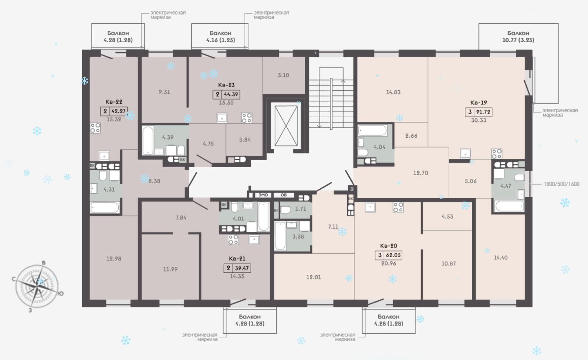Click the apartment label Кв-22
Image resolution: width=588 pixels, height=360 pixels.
(114, 102)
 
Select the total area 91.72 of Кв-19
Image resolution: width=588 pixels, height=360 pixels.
(483, 112)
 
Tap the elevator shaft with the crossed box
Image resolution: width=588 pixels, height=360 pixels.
(286, 126)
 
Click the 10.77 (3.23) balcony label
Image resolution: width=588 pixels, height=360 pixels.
(518, 40)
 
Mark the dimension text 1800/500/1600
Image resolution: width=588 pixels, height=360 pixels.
(561, 184)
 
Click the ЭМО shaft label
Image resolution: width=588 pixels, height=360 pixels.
(263, 195)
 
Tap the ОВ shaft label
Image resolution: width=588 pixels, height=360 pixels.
(284, 195)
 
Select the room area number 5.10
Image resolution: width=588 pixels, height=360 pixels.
(284, 75)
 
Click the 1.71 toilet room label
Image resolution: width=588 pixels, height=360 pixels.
(301, 209)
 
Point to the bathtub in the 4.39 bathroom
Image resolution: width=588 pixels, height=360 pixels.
(148, 141)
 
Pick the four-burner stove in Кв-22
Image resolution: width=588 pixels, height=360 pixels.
(95, 128)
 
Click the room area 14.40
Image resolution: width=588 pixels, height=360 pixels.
(501, 258)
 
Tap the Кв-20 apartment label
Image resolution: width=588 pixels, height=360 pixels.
(389, 246)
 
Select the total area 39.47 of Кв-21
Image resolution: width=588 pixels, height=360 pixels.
(242, 268)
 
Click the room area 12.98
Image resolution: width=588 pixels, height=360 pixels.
(114, 259)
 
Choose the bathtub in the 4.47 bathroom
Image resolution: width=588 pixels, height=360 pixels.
(509, 206)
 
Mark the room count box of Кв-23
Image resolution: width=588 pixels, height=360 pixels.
(217, 94)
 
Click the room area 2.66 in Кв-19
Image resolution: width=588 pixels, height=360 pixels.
(411, 136)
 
